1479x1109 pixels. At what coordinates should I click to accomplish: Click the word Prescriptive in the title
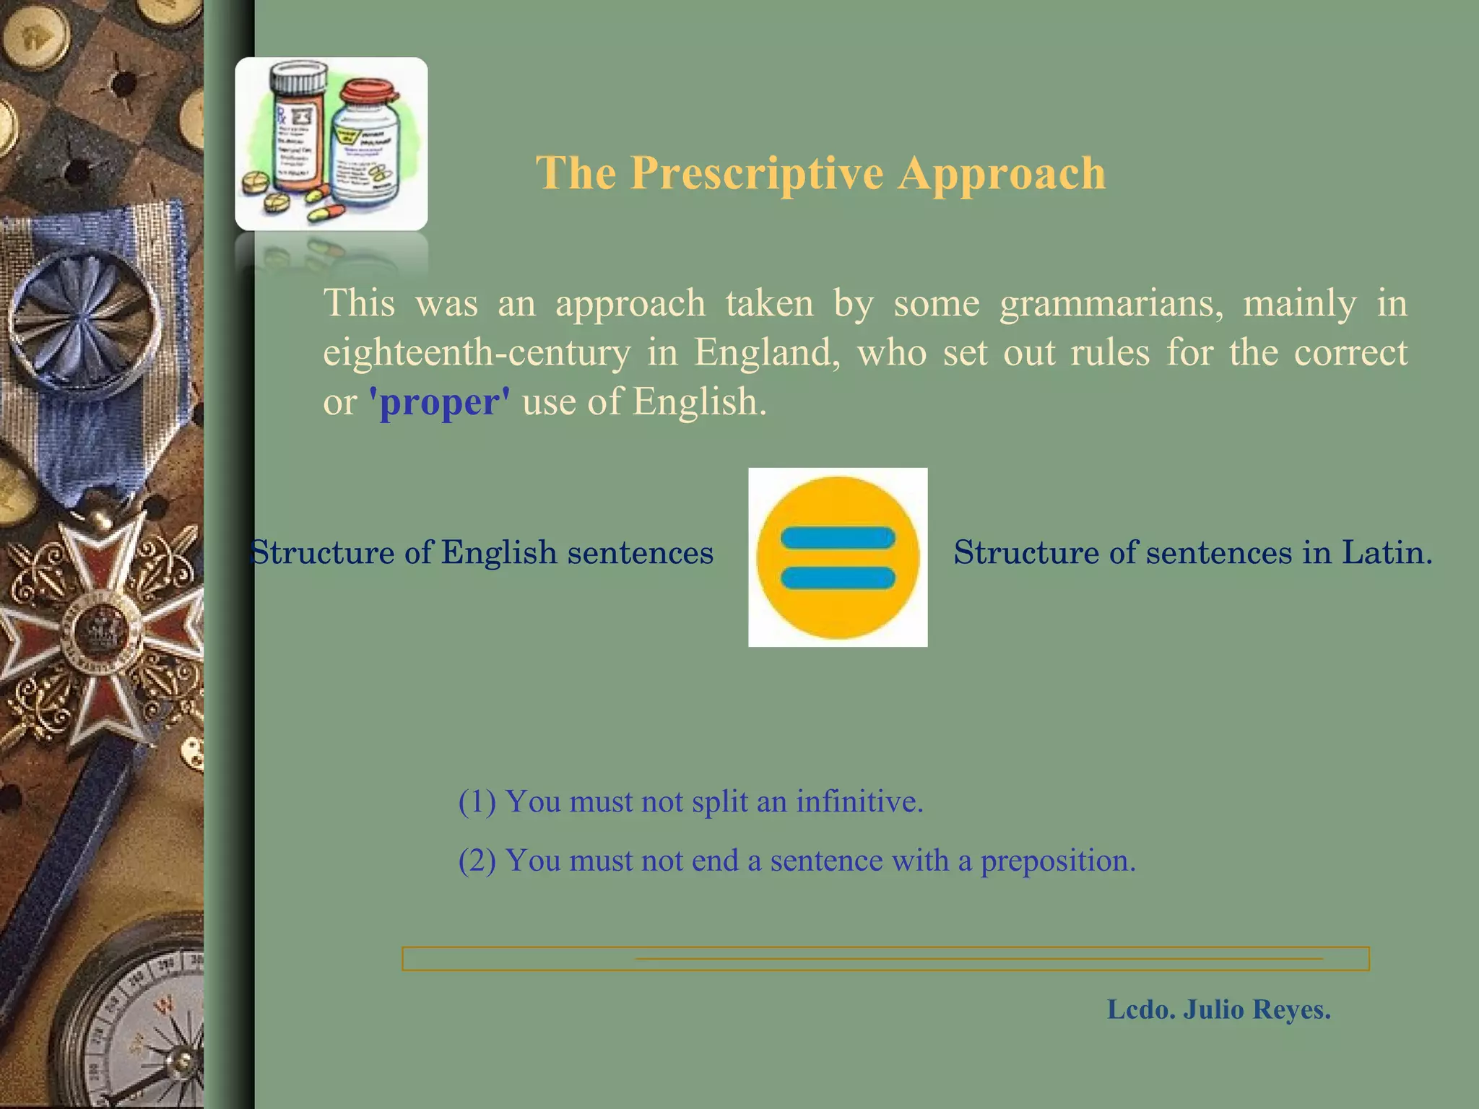click(x=756, y=173)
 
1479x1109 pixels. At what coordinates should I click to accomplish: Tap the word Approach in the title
click(x=1002, y=173)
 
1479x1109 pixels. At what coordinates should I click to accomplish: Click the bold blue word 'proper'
click(x=439, y=401)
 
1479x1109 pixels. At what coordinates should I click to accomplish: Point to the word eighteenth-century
click(x=477, y=352)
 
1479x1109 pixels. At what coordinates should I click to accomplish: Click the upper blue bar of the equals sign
click(x=838, y=538)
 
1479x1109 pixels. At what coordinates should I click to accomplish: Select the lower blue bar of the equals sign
click(x=838, y=578)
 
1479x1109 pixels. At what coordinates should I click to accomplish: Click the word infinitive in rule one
click(x=859, y=801)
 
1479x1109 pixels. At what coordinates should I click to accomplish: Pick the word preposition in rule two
click(x=1057, y=861)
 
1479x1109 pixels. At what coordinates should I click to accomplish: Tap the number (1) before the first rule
click(x=477, y=801)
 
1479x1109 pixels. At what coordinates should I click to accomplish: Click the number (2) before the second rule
click(x=477, y=861)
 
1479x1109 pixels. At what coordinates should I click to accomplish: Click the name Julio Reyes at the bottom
click(x=1257, y=1009)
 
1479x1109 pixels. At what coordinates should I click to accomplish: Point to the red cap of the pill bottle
click(x=369, y=91)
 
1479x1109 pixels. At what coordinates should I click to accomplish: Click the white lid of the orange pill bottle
click(x=298, y=75)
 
